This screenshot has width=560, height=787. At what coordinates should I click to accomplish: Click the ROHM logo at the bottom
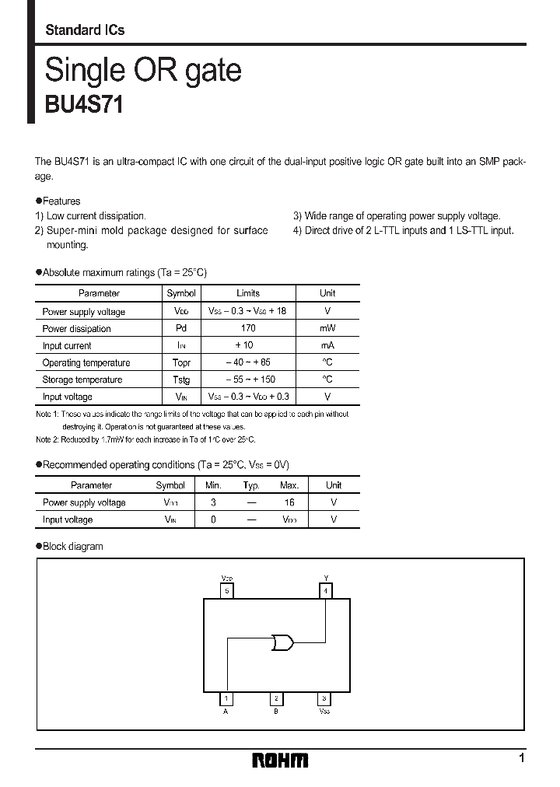pos(280,760)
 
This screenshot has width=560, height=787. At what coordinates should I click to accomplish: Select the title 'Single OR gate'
pos(143,71)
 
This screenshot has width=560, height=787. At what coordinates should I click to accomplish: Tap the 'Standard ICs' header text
pos(85,30)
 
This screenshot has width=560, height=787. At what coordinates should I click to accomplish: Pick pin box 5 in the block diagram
pos(227,591)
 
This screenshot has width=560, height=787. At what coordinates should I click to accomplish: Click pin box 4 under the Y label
pos(325,591)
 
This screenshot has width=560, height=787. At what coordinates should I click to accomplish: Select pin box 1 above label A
pos(226,698)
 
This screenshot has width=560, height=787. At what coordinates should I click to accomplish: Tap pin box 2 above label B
pos(276,698)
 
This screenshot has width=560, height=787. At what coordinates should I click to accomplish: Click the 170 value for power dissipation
pos(248,328)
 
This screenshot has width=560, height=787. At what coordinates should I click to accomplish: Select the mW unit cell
pos(327,328)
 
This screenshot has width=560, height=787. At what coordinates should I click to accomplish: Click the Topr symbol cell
pos(181,362)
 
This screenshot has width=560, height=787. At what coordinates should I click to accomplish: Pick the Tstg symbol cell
pos(181,380)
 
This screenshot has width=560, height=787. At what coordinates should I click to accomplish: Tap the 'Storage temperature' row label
pos(82,380)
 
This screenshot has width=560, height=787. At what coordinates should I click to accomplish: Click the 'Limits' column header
pos(248,293)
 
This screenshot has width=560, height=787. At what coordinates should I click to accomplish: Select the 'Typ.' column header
pos(251,484)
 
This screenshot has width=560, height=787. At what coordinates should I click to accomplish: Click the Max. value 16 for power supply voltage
pos(289,502)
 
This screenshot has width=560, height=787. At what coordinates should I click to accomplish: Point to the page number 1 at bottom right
pos(522,758)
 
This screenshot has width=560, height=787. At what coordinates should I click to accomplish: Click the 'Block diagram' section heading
pos(72,546)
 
